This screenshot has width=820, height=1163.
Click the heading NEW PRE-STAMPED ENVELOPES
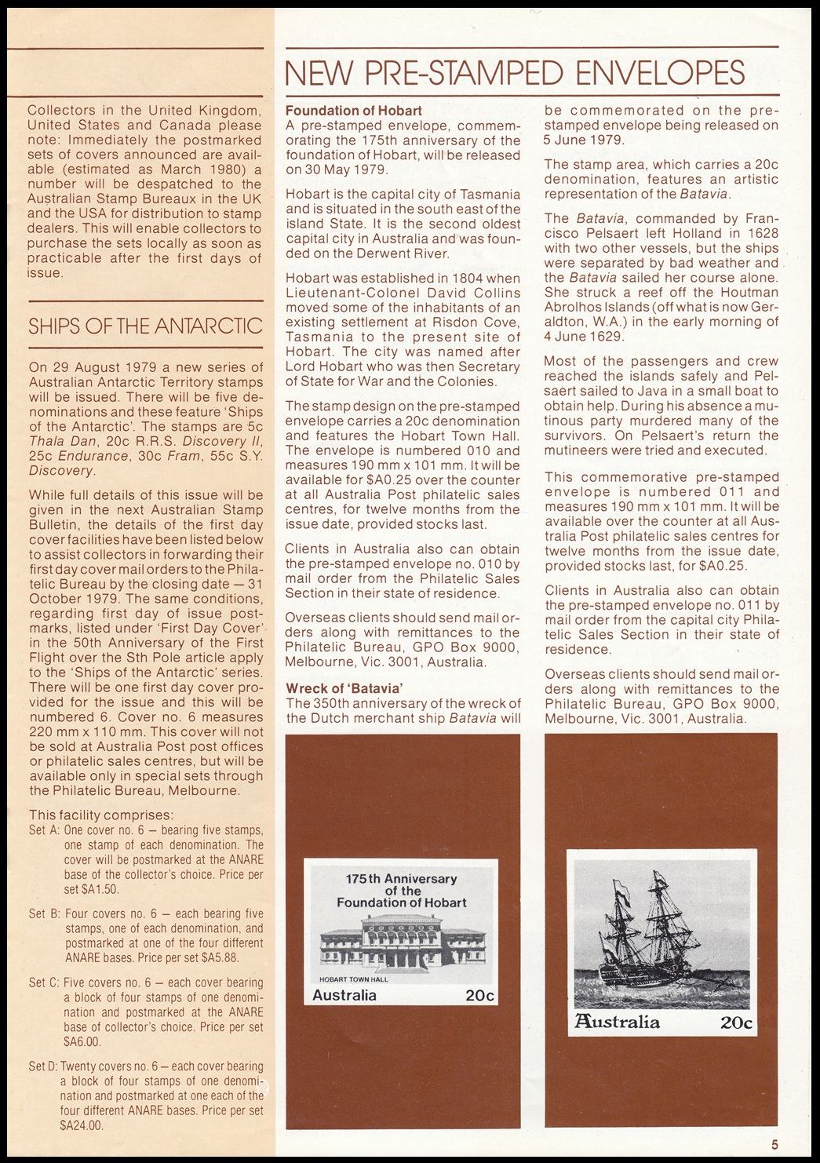(515, 73)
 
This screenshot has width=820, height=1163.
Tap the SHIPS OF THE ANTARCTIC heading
(145, 326)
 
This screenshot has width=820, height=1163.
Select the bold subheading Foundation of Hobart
(353, 111)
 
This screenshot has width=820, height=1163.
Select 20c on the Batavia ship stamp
(736, 1023)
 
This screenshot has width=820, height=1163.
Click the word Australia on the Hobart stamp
(344, 996)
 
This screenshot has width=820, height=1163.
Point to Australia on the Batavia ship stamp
(618, 1022)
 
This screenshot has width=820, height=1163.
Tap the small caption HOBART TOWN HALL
(353, 978)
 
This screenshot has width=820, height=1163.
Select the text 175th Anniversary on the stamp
(401, 879)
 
